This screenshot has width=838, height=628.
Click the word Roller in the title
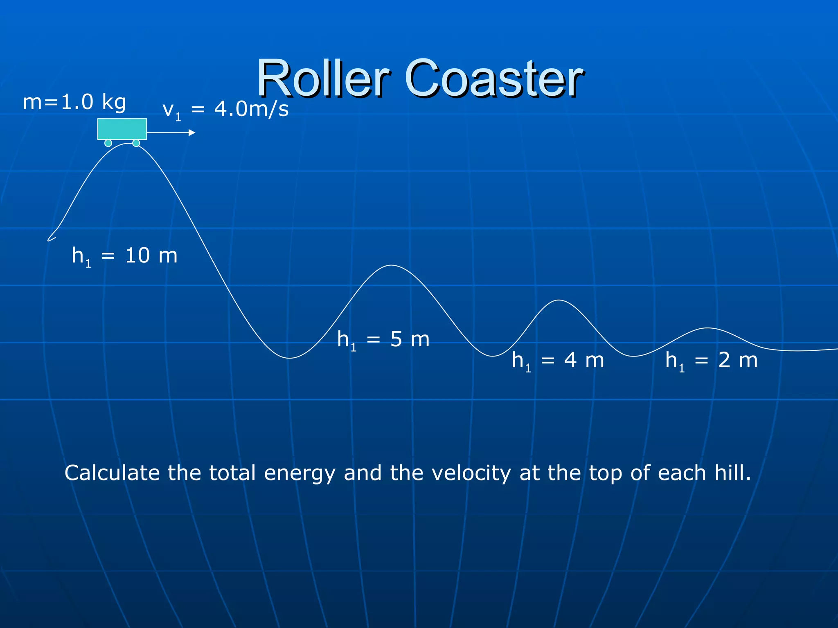(323, 78)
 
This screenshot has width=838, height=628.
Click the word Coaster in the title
(494, 78)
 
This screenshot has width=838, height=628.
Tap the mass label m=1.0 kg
(74, 102)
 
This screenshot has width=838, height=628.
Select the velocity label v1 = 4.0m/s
(225, 110)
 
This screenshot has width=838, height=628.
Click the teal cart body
(122, 129)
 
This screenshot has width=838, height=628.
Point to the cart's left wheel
(108, 143)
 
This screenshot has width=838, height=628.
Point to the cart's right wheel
(136, 143)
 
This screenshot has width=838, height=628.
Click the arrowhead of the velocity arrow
(192, 132)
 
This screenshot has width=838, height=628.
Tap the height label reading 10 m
(125, 256)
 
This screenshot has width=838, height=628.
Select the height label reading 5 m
(383, 340)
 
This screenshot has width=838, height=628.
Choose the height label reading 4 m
(558, 361)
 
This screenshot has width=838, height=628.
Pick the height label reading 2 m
(712, 361)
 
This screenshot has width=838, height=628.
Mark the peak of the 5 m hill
(392, 265)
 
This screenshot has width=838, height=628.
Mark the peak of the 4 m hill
(559, 301)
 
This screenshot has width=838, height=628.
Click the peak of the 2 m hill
(707, 328)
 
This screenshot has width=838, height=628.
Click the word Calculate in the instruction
(112, 473)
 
